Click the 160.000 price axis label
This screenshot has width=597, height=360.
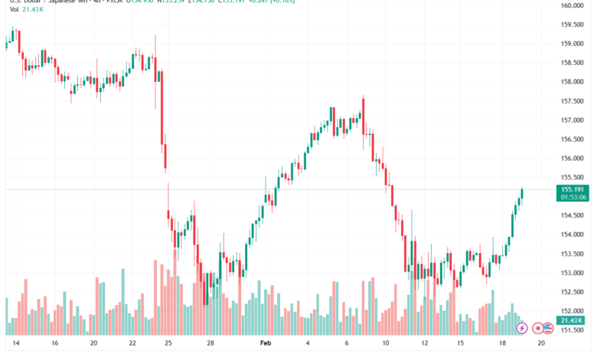point(573,5)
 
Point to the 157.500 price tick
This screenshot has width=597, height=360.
point(573,101)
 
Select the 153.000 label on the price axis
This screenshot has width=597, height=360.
point(573,273)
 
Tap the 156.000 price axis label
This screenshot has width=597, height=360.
point(573,159)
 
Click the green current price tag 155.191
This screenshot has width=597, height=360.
point(573,188)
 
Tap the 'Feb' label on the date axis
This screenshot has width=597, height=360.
point(266,345)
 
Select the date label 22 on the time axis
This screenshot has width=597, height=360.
point(133,345)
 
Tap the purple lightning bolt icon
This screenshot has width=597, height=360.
point(522,329)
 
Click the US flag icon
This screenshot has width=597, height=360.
point(548,329)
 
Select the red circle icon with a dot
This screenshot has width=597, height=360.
point(538,329)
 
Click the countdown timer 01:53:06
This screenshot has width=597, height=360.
point(573,197)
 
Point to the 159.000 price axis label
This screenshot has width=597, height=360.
point(573,44)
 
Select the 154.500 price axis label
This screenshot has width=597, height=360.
point(573,215)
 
